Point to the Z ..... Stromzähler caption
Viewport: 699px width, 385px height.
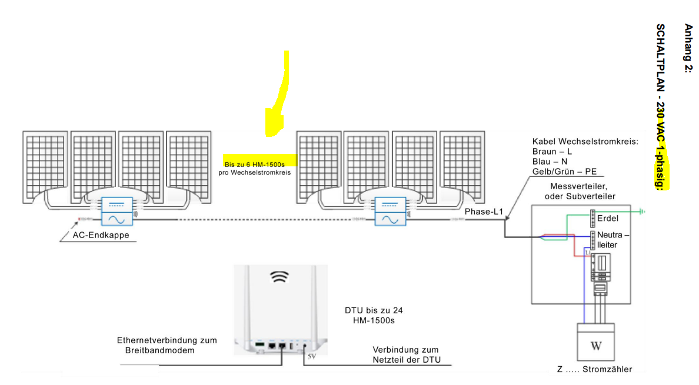click(x=594, y=369)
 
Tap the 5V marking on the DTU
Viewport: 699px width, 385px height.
click(x=312, y=356)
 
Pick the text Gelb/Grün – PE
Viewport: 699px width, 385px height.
click(x=564, y=171)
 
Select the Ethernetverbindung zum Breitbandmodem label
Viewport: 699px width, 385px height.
click(x=167, y=345)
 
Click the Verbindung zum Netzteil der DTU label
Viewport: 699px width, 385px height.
click(x=406, y=355)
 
